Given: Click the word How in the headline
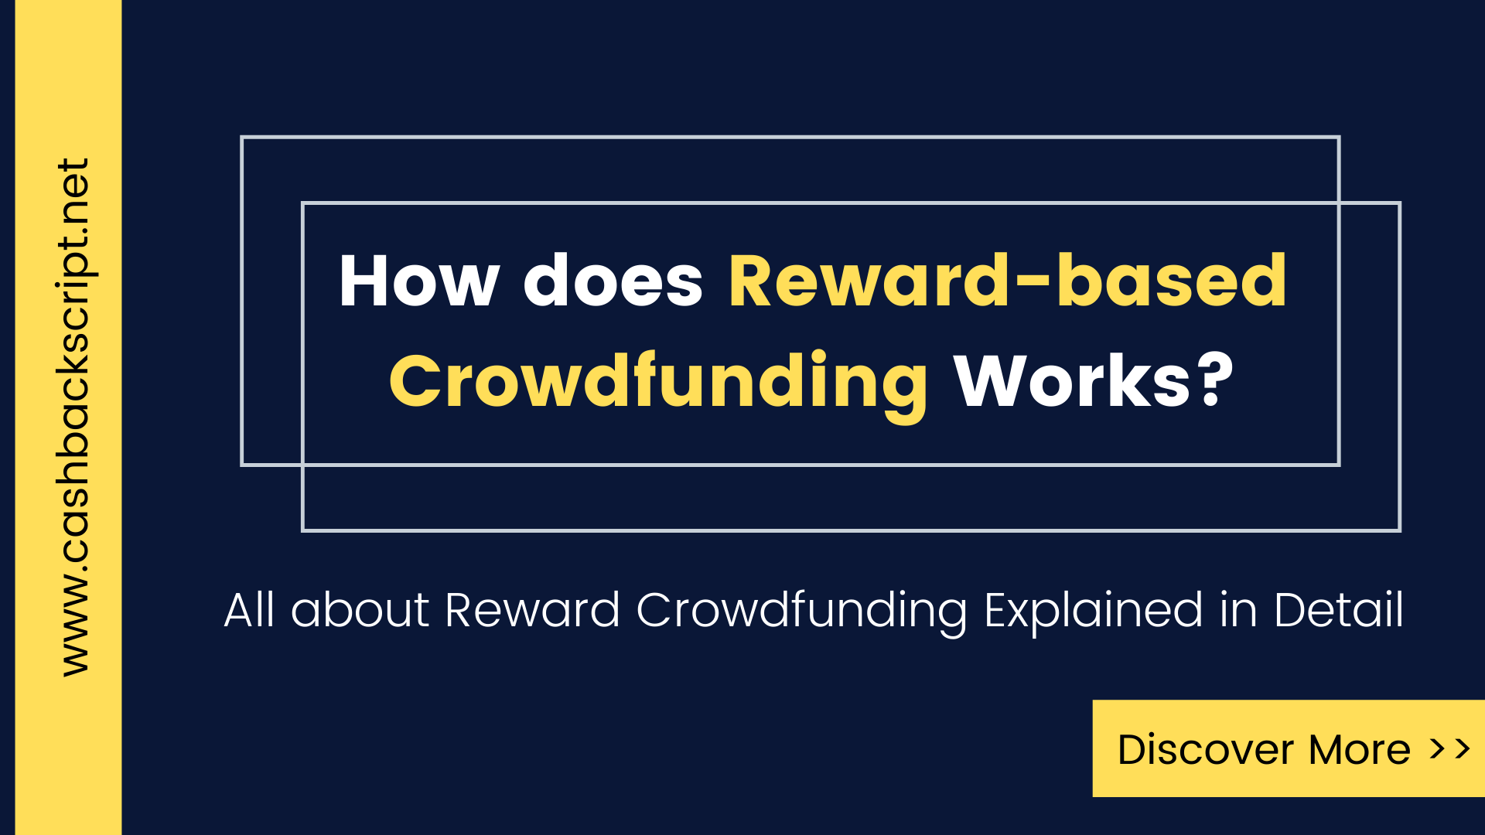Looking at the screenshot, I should pyautogui.click(x=419, y=281).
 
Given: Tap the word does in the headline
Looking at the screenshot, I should pyautogui.click(x=613, y=281).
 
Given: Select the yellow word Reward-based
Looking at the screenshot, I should pyautogui.click(x=1007, y=281).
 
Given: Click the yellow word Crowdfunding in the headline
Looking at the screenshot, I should pyautogui.click(x=658, y=381).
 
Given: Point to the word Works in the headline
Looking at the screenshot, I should pyautogui.click(x=1072, y=380).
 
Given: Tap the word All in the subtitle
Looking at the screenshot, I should pyautogui.click(x=249, y=610).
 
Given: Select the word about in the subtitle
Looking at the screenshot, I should pyautogui.click(x=360, y=610).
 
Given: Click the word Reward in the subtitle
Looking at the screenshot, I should pyautogui.click(x=532, y=610).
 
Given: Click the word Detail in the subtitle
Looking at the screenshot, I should pyautogui.click(x=1338, y=610).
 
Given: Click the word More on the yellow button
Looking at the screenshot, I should pyautogui.click(x=1359, y=749).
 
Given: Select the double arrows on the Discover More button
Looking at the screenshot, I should pyautogui.click(x=1449, y=748).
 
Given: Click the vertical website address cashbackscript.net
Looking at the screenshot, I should pyautogui.click(x=74, y=417).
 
